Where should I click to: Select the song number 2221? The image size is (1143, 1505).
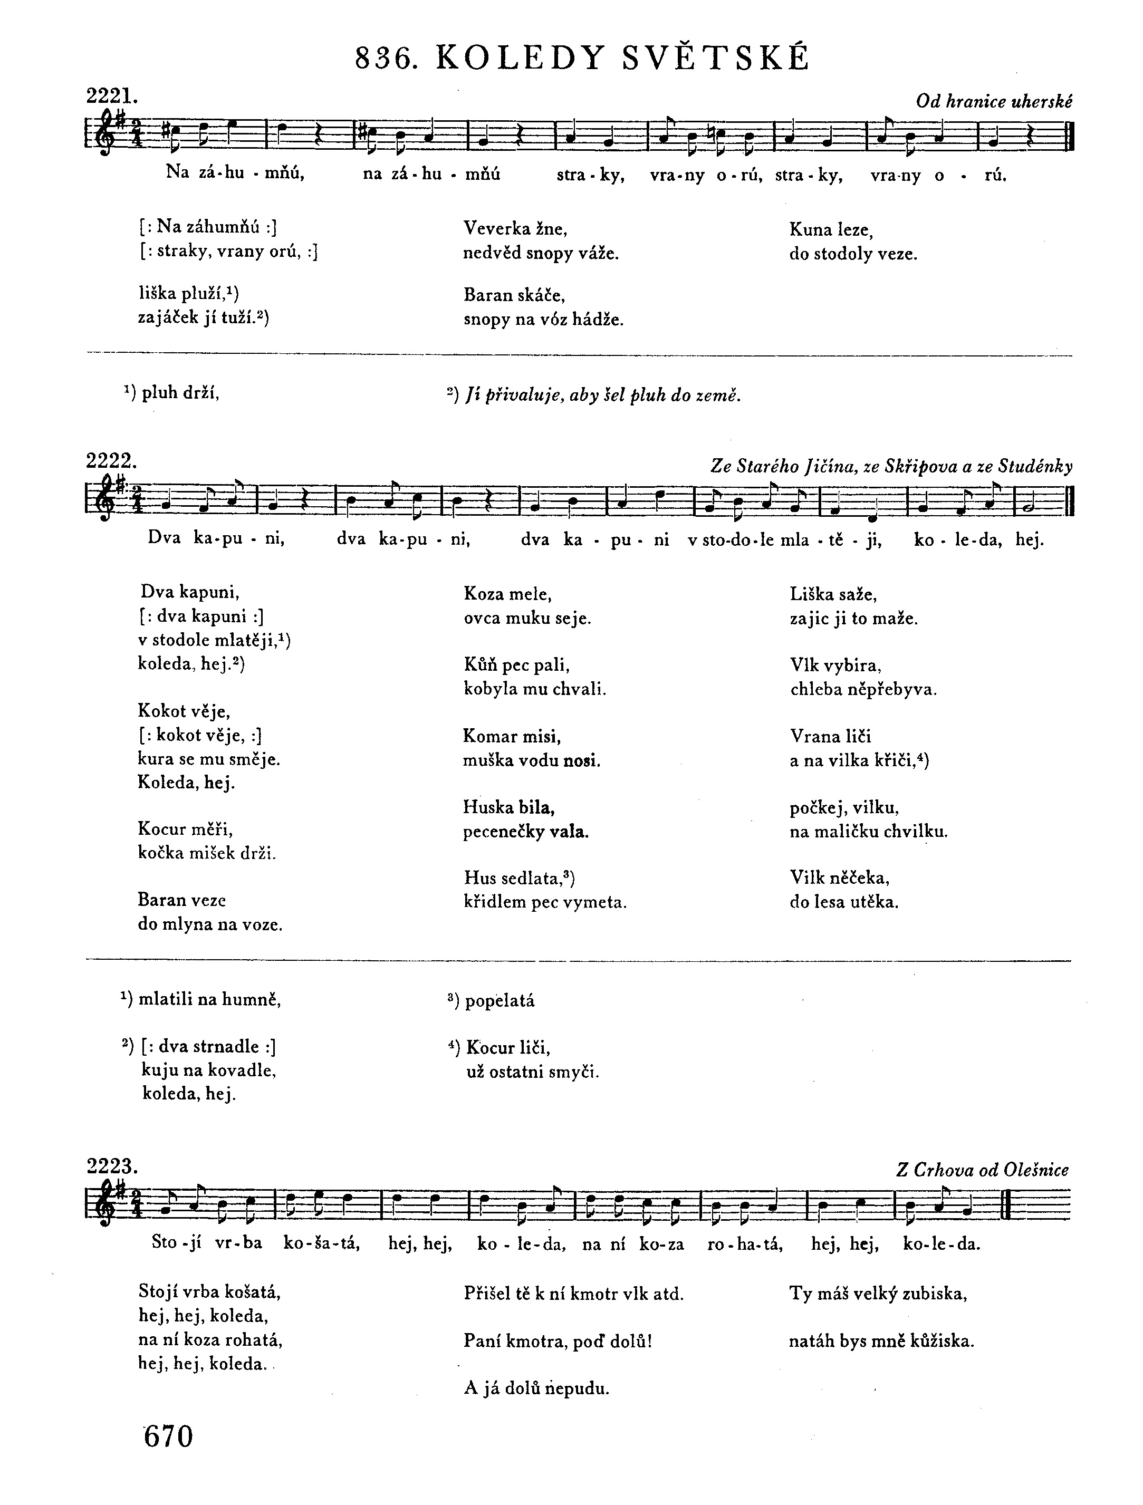[112, 96]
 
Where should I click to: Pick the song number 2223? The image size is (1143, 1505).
[112, 1166]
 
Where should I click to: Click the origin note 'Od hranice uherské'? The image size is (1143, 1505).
[994, 102]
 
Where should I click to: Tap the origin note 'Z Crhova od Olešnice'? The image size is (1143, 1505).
[983, 1170]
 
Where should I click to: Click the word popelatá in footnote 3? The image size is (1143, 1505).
[500, 1001]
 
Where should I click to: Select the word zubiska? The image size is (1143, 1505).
[934, 1294]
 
